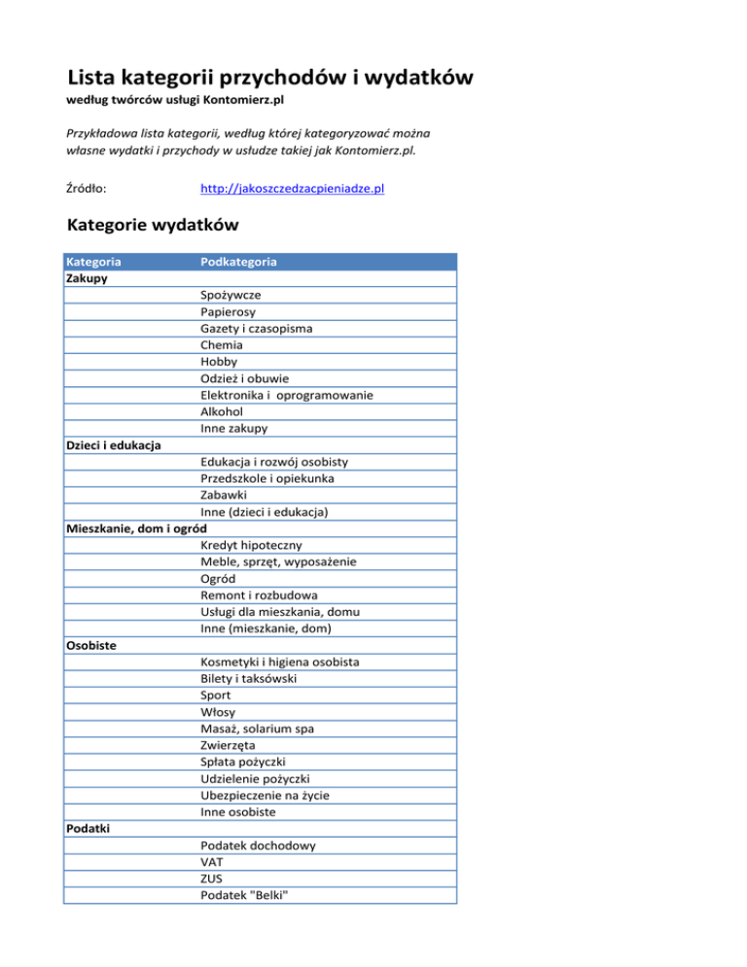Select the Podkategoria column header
pyautogui.click(x=238, y=262)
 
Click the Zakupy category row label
pyautogui.click(x=87, y=278)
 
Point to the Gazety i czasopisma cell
pyautogui.click(x=257, y=328)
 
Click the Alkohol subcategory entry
pyautogui.click(x=224, y=412)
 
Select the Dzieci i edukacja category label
pyautogui.click(x=113, y=446)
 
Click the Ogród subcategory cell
pyautogui.click(x=220, y=579)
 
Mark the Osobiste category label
pyautogui.click(x=93, y=645)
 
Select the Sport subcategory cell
pyautogui.click(x=217, y=696)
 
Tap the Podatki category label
pyautogui.click(x=89, y=829)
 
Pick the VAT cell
pyautogui.click(x=213, y=862)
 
